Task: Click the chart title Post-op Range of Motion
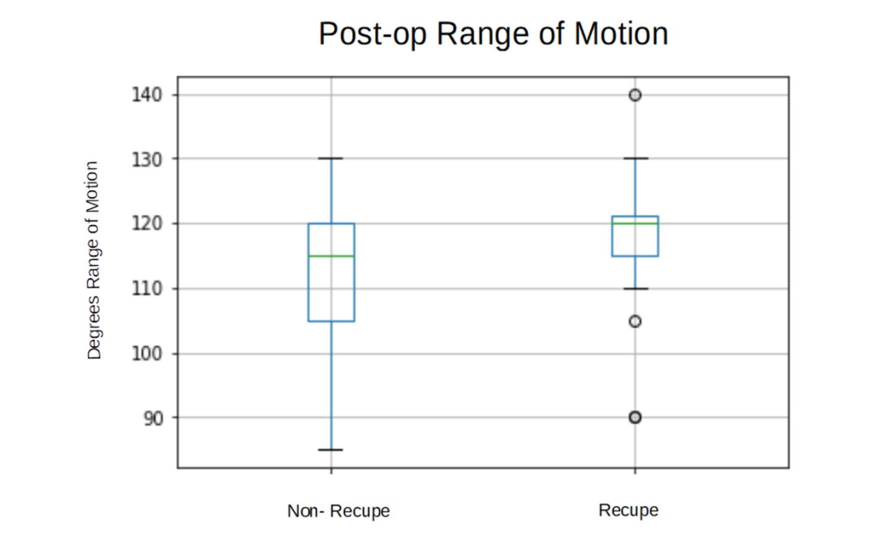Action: pyautogui.click(x=493, y=34)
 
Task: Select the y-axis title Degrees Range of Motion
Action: pyautogui.click(x=93, y=260)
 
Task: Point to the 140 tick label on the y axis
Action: pyautogui.click(x=147, y=94)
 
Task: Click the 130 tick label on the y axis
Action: pyautogui.click(x=147, y=159)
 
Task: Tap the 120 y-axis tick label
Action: pyautogui.click(x=147, y=223)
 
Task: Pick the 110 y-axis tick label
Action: pyautogui.click(x=147, y=288)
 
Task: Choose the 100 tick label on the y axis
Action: pyautogui.click(x=147, y=353)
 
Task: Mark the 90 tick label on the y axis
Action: pyautogui.click(x=153, y=418)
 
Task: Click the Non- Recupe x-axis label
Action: pyautogui.click(x=338, y=511)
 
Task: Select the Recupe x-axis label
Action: pyautogui.click(x=628, y=510)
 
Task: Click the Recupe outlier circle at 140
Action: pyautogui.click(x=635, y=95)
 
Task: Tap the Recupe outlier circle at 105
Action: pyautogui.click(x=635, y=321)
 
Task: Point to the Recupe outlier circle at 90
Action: pyautogui.click(x=635, y=417)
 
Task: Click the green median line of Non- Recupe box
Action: pyautogui.click(x=331, y=256)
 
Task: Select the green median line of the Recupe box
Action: pyautogui.click(x=635, y=223)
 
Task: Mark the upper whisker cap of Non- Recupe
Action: pyautogui.click(x=331, y=158)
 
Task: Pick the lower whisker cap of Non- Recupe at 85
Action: pyautogui.click(x=331, y=450)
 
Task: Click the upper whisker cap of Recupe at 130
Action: pyautogui.click(x=635, y=158)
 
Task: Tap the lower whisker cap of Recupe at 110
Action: pyautogui.click(x=635, y=288)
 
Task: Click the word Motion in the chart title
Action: pyautogui.click(x=621, y=34)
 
